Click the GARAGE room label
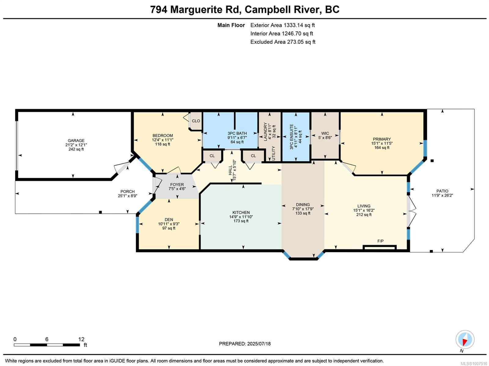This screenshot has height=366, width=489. coord(76,141)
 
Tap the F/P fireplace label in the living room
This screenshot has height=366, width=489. coord(381,241)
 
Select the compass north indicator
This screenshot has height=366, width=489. coord(465,340)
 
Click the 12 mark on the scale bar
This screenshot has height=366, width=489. coord(81,339)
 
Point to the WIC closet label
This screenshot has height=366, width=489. coord(325,133)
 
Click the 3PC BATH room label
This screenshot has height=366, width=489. coord(237,133)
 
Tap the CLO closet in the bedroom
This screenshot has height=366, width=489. coord(196,121)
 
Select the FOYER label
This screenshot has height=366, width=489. coord(177,185)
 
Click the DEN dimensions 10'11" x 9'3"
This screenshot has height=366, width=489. coord(169,224)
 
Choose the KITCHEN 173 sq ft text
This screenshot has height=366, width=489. coord(241,221)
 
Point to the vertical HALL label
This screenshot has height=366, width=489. coord(230,170)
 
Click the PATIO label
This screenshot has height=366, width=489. coord(442,191)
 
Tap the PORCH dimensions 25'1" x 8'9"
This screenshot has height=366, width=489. coord(127,196)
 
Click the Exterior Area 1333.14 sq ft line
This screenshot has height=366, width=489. coord(282,25)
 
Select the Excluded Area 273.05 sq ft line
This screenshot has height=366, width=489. coord(283,42)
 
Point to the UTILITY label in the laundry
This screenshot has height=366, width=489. coord(273,153)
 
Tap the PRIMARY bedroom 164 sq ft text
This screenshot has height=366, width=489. coord(382,148)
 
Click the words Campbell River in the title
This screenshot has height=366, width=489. coord(283,9)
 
